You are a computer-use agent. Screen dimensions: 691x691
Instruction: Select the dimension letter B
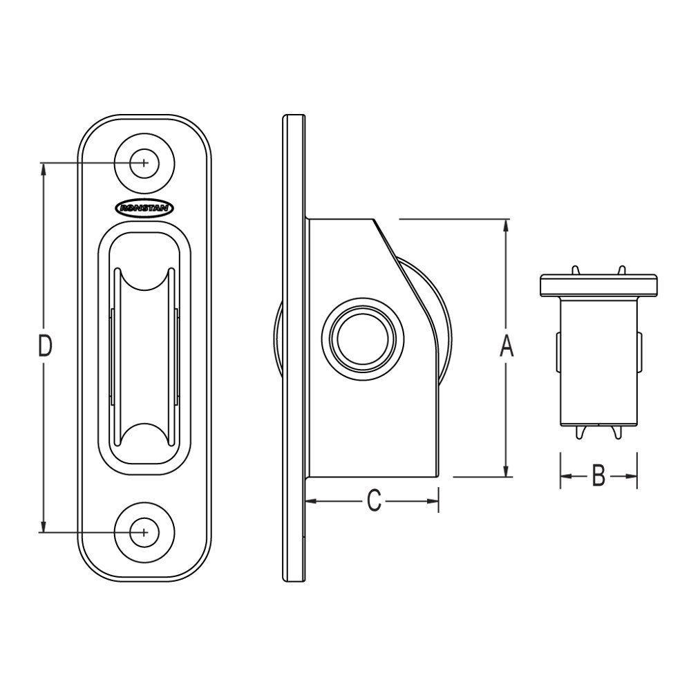point(598,476)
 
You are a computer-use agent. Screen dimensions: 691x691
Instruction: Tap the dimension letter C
point(373,501)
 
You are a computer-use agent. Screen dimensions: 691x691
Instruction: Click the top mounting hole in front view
point(144,163)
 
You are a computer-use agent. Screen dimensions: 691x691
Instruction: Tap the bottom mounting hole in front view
point(144,532)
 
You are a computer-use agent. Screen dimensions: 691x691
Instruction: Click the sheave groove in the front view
point(144,359)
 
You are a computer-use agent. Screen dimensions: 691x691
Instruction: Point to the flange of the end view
point(598,285)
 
